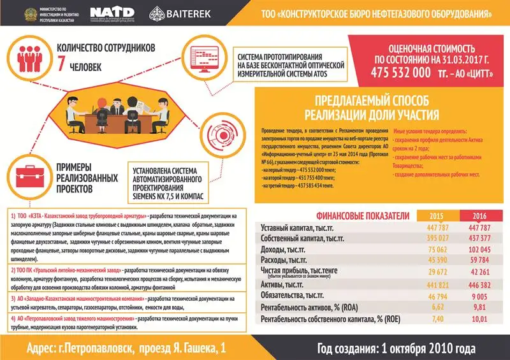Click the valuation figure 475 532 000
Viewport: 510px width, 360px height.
point(401,72)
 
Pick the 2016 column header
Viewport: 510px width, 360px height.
point(478,215)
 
